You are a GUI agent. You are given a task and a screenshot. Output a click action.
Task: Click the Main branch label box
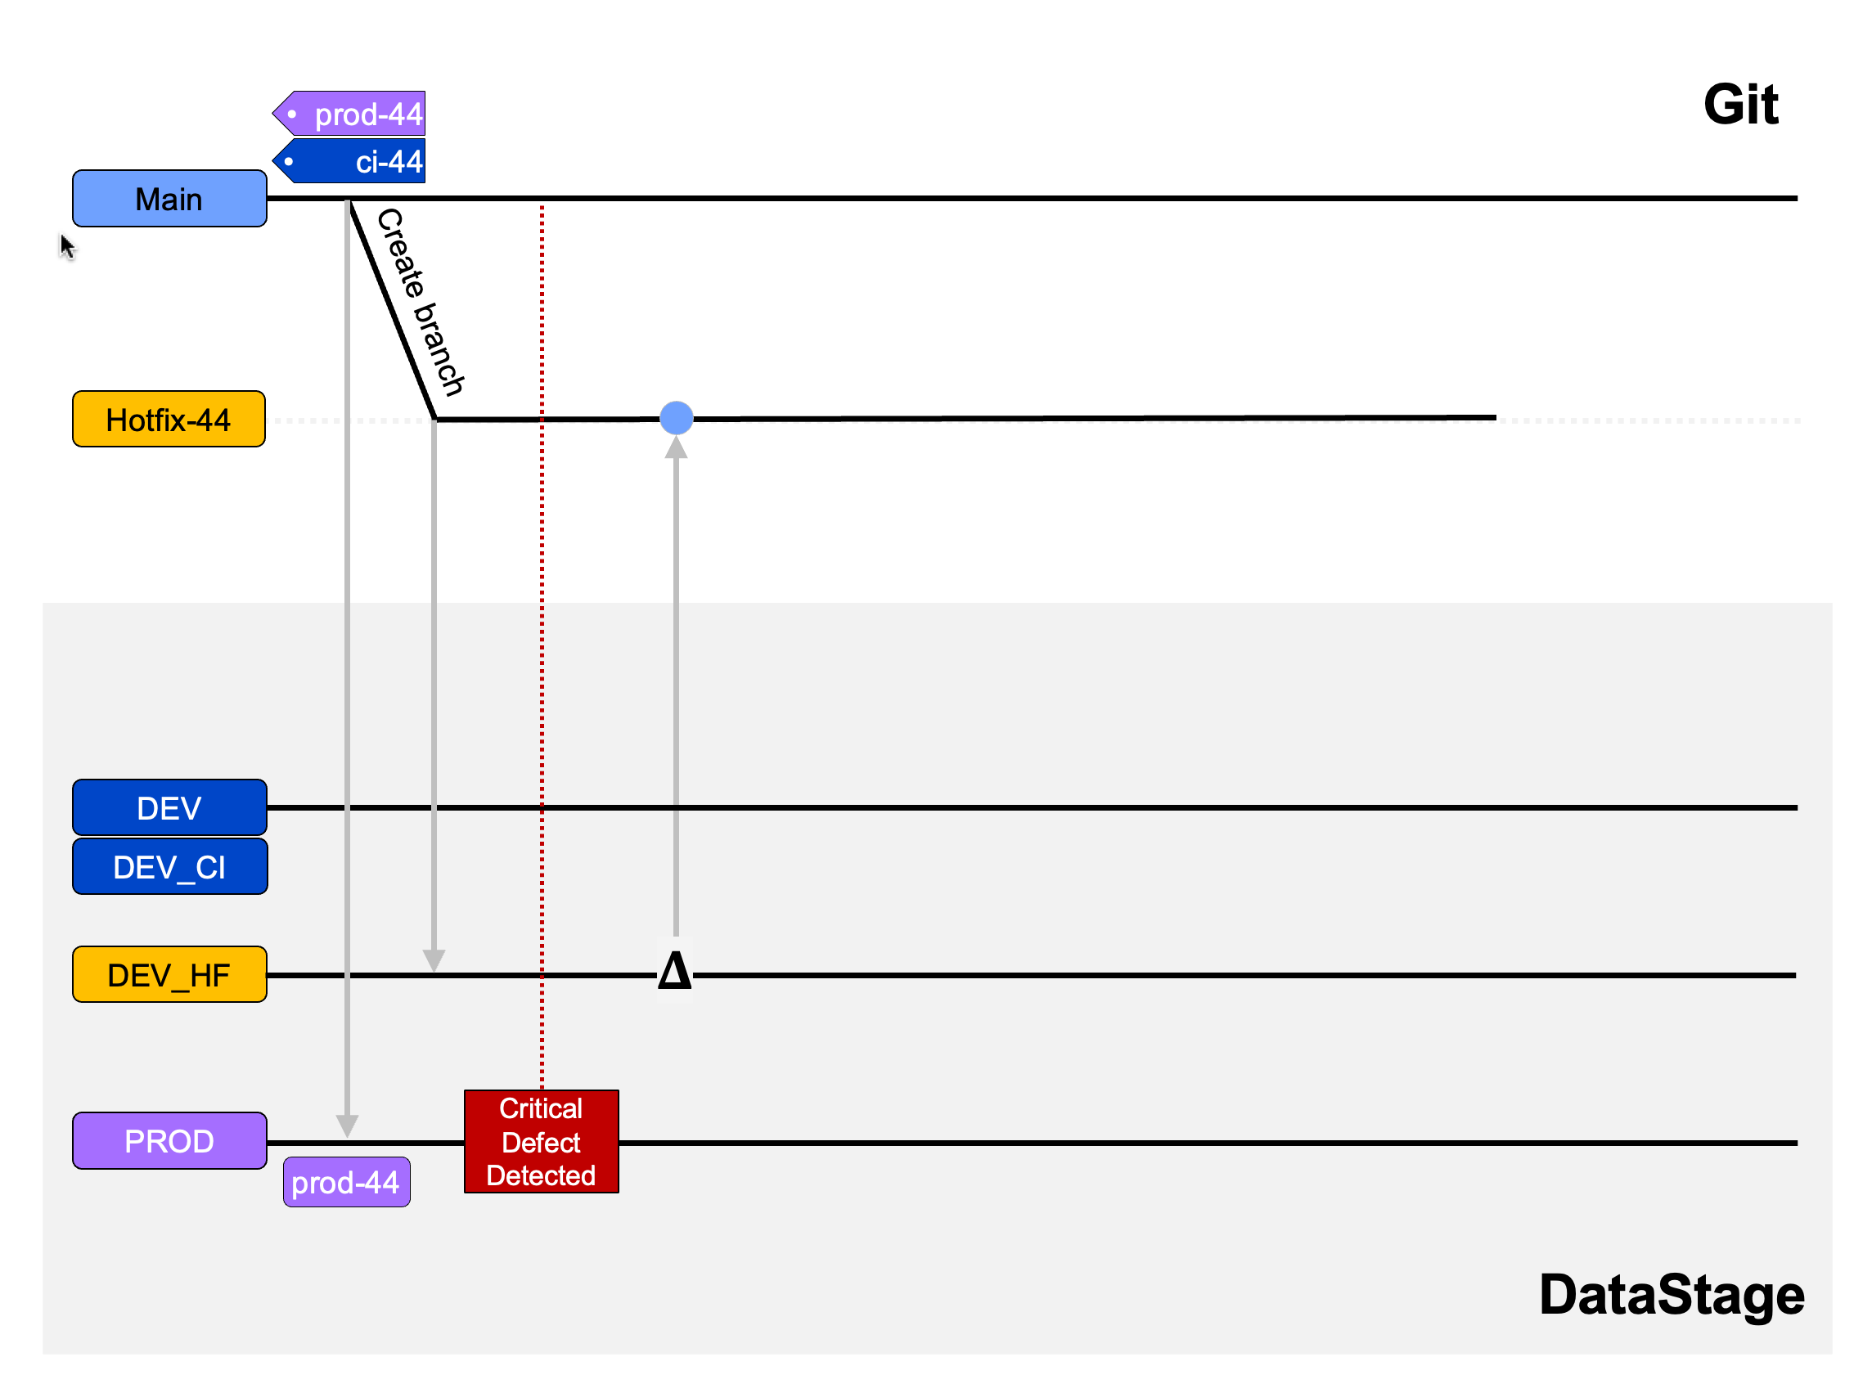[169, 199]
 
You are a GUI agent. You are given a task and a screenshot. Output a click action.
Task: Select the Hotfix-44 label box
[169, 419]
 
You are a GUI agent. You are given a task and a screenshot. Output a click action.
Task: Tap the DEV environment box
[169, 808]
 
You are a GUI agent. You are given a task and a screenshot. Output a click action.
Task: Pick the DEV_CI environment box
[169, 867]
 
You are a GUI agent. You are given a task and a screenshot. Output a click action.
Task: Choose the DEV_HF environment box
[169, 975]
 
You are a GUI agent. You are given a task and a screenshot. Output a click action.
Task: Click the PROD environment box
[169, 1141]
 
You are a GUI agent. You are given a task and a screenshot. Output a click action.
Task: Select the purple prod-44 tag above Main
[354, 114]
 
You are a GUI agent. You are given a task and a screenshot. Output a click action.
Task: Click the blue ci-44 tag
[354, 161]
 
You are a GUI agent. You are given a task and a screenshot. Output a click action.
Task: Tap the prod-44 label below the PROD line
[346, 1182]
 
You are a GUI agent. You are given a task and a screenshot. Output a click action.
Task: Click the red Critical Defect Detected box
[542, 1141]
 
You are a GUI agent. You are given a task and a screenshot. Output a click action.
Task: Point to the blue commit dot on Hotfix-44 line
[677, 418]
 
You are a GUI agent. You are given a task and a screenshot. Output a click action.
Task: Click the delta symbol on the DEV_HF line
[675, 971]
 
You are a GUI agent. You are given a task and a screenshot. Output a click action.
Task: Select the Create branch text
[420, 302]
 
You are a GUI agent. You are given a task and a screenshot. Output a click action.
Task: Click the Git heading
[1740, 105]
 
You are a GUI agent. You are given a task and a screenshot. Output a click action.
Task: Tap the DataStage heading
[1672, 1294]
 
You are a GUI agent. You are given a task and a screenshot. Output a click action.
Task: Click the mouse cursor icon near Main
[67, 247]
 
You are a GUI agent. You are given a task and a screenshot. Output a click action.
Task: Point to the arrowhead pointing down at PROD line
[348, 1126]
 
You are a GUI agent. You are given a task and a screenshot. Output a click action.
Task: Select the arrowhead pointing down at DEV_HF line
[434, 960]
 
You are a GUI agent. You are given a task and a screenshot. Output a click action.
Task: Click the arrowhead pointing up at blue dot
[677, 447]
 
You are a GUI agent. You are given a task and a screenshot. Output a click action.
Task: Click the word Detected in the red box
[542, 1175]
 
